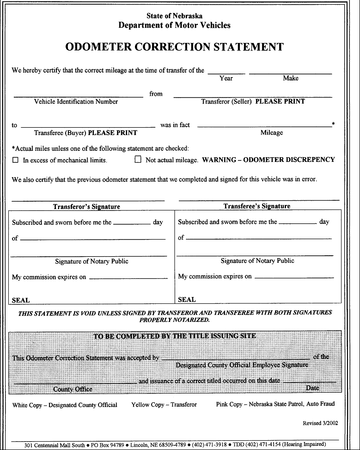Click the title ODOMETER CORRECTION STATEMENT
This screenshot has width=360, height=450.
pyautogui.click(x=174, y=47)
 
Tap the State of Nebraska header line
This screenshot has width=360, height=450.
pyautogui.click(x=174, y=16)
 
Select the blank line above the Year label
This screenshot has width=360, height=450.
pyautogui.click(x=226, y=73)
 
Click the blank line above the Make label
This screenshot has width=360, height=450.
pyautogui.click(x=290, y=73)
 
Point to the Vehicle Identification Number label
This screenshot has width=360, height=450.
pyautogui.click(x=76, y=102)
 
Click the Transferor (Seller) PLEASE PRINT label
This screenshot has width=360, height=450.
pyautogui.click(x=253, y=102)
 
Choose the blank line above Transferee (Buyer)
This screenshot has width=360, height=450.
pyautogui.click(x=88, y=126)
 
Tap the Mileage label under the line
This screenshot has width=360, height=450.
pyautogui.click(x=271, y=133)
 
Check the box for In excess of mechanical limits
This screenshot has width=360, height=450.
pyautogui.click(x=15, y=160)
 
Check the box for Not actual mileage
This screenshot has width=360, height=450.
pyautogui.click(x=138, y=160)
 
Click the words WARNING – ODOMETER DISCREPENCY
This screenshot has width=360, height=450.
pyautogui.click(x=268, y=160)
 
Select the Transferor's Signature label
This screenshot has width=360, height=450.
pyautogui.click(x=86, y=207)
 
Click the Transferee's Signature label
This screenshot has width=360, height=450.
pyautogui.click(x=257, y=206)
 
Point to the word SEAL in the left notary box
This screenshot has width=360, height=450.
pyautogui.click(x=21, y=300)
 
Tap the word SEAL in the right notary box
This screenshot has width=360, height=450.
pyautogui.click(x=187, y=300)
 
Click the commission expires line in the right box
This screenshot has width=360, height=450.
pyautogui.click(x=294, y=277)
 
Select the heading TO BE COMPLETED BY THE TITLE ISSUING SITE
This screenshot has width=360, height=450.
pyautogui.click(x=175, y=336)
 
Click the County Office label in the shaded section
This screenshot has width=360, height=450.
pyautogui.click(x=73, y=389)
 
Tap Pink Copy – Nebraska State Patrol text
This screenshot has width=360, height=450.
pyautogui.click(x=275, y=404)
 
